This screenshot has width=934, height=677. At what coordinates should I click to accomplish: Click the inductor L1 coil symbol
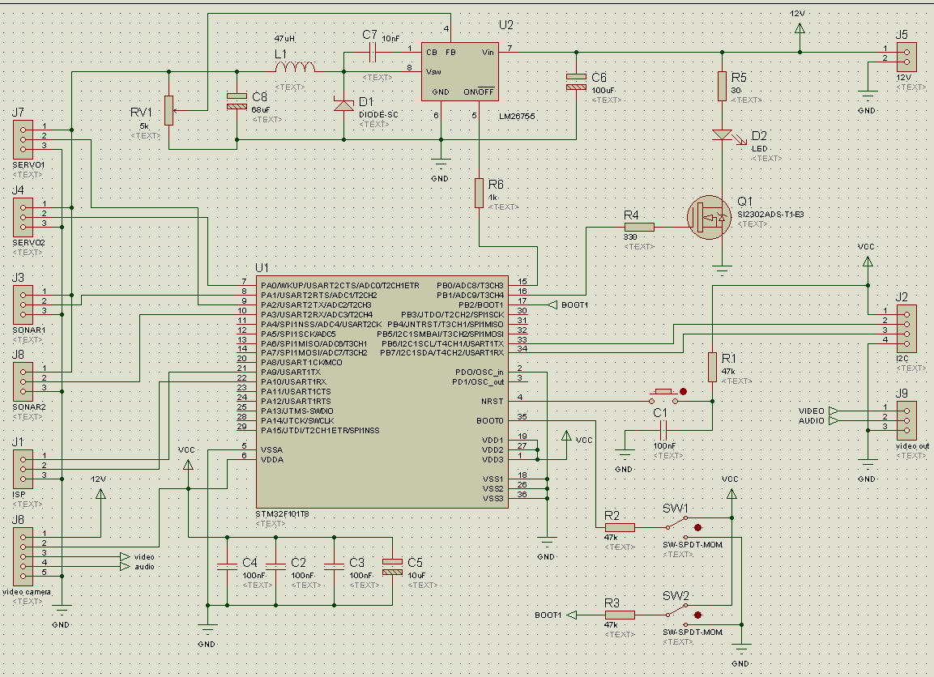(x=296, y=68)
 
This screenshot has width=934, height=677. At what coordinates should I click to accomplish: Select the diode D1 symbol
(x=343, y=105)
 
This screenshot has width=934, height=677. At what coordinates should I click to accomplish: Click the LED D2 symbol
(x=722, y=135)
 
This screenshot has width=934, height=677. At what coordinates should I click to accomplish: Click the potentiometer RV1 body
(x=168, y=110)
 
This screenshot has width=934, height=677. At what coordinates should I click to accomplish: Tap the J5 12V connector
(x=906, y=54)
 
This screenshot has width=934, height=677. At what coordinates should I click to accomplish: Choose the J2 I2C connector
(x=906, y=326)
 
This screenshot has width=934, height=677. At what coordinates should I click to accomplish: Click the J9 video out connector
(x=906, y=416)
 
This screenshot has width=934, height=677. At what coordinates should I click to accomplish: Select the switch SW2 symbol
(x=689, y=615)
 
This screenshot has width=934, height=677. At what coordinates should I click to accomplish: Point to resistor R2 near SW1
(x=620, y=527)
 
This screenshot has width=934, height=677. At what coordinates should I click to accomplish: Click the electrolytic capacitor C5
(x=392, y=566)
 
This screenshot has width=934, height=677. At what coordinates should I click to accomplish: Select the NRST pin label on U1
(x=492, y=402)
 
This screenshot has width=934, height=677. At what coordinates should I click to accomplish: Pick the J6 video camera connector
(x=23, y=556)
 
